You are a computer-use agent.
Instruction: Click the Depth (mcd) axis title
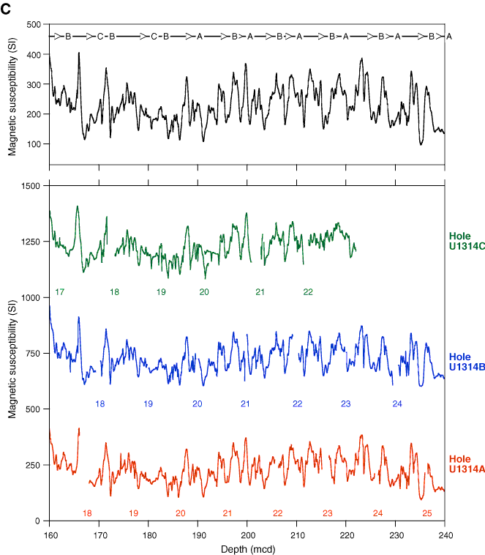tap(247, 548)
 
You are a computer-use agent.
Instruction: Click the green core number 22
tap(308, 292)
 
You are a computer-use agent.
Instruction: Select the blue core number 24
tap(397, 403)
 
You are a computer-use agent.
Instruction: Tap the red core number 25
tap(427, 513)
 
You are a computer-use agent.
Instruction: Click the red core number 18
tap(87, 513)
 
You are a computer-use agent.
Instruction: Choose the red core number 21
tap(228, 513)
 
